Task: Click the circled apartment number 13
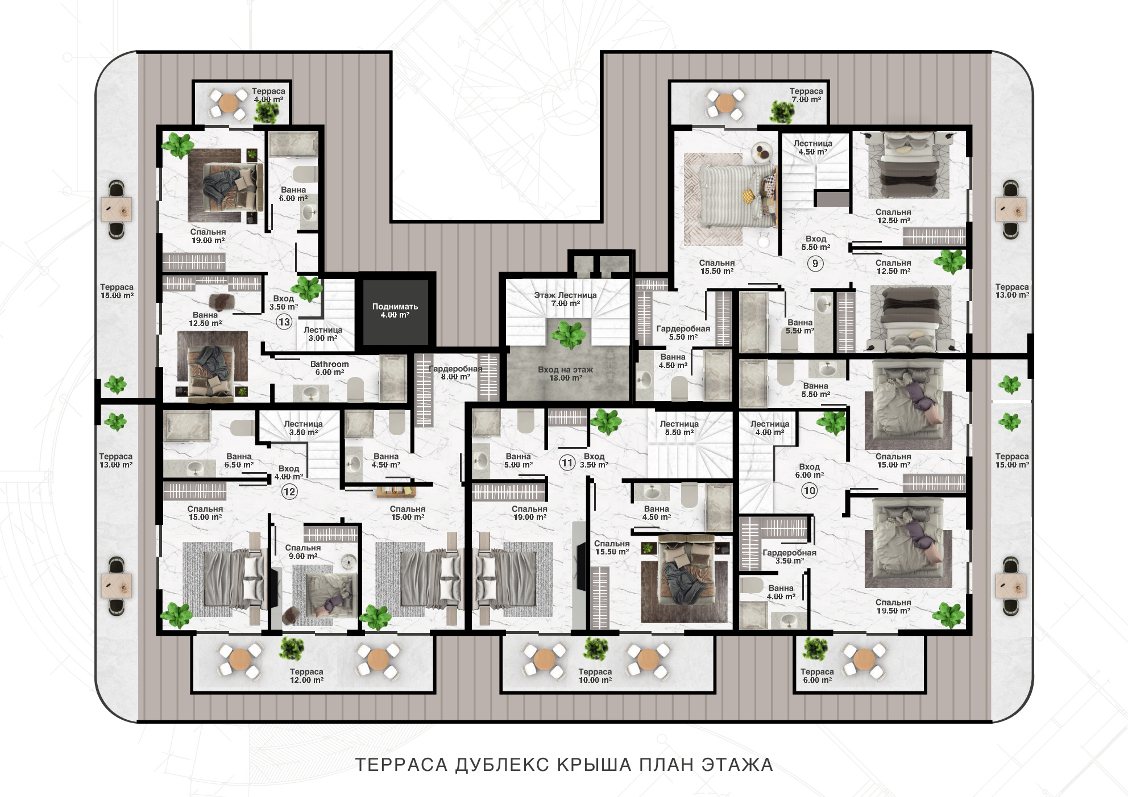284,322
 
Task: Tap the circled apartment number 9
815,264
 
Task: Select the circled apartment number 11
567,462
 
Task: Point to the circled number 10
809,490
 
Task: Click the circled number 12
289,491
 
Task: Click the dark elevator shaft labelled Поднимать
396,311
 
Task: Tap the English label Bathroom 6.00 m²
330,368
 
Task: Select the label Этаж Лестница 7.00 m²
565,299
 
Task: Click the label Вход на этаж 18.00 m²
565,374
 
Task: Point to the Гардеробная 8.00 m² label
455,373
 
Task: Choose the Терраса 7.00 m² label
806,95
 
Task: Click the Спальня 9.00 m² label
303,552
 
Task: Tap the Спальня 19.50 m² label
893,607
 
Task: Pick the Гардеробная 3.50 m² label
789,557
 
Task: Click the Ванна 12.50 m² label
205,319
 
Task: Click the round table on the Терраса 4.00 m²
228,103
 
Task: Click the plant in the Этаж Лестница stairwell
568,334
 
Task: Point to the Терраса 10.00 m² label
595,676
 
